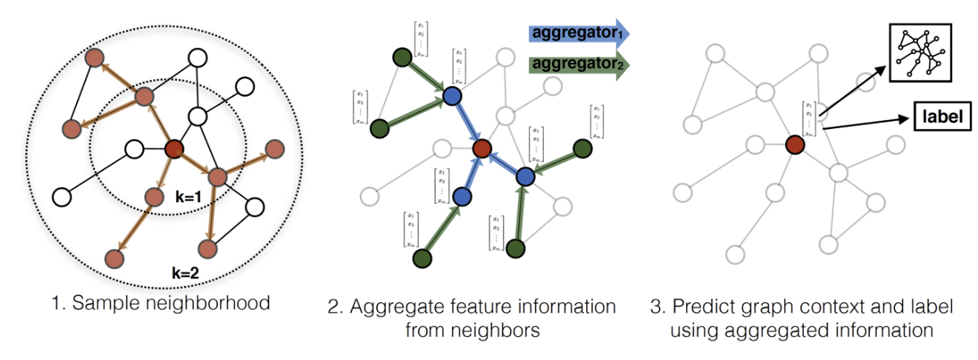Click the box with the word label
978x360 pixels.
(x=942, y=117)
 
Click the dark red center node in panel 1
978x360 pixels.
(x=174, y=150)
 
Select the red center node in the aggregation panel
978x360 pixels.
(x=482, y=149)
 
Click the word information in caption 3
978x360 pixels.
(x=890, y=330)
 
